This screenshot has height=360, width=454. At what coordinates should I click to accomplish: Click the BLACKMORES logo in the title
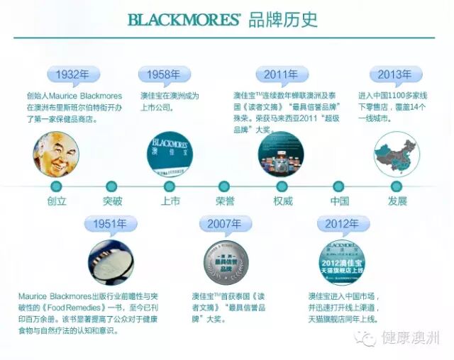click(184, 19)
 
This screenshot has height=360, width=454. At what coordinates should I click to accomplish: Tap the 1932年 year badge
click(72, 75)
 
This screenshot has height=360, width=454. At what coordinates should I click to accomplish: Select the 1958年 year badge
click(164, 75)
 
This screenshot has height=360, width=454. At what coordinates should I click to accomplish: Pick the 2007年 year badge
click(225, 224)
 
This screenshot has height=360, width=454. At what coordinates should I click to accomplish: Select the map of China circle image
click(396, 154)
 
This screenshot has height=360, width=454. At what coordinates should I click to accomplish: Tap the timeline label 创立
click(56, 201)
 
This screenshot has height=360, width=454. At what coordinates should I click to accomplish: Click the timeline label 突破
click(112, 201)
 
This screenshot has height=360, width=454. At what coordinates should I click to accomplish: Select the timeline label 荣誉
click(225, 201)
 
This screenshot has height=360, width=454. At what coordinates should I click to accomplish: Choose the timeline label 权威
click(282, 201)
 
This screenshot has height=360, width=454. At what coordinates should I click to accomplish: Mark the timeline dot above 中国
click(338, 186)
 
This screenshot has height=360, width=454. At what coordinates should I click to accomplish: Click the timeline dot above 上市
click(170, 186)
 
